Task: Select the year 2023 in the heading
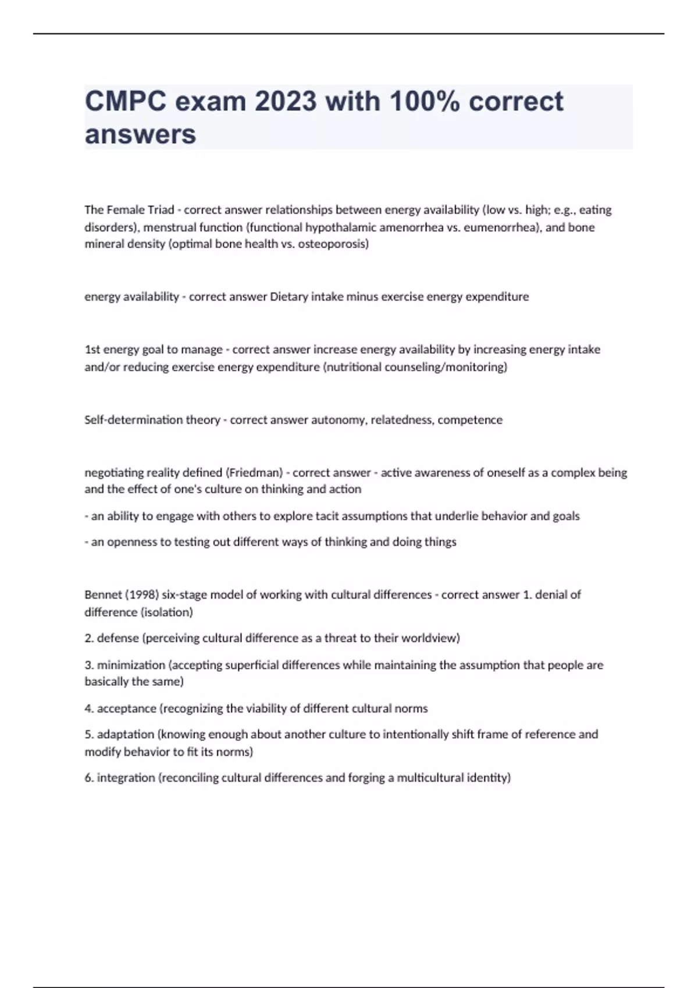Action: (286, 102)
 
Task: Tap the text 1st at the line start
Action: (92, 350)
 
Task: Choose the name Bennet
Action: (99, 595)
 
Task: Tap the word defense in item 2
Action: (117, 638)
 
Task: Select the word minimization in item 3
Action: (131, 665)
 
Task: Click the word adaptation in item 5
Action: (125, 735)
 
